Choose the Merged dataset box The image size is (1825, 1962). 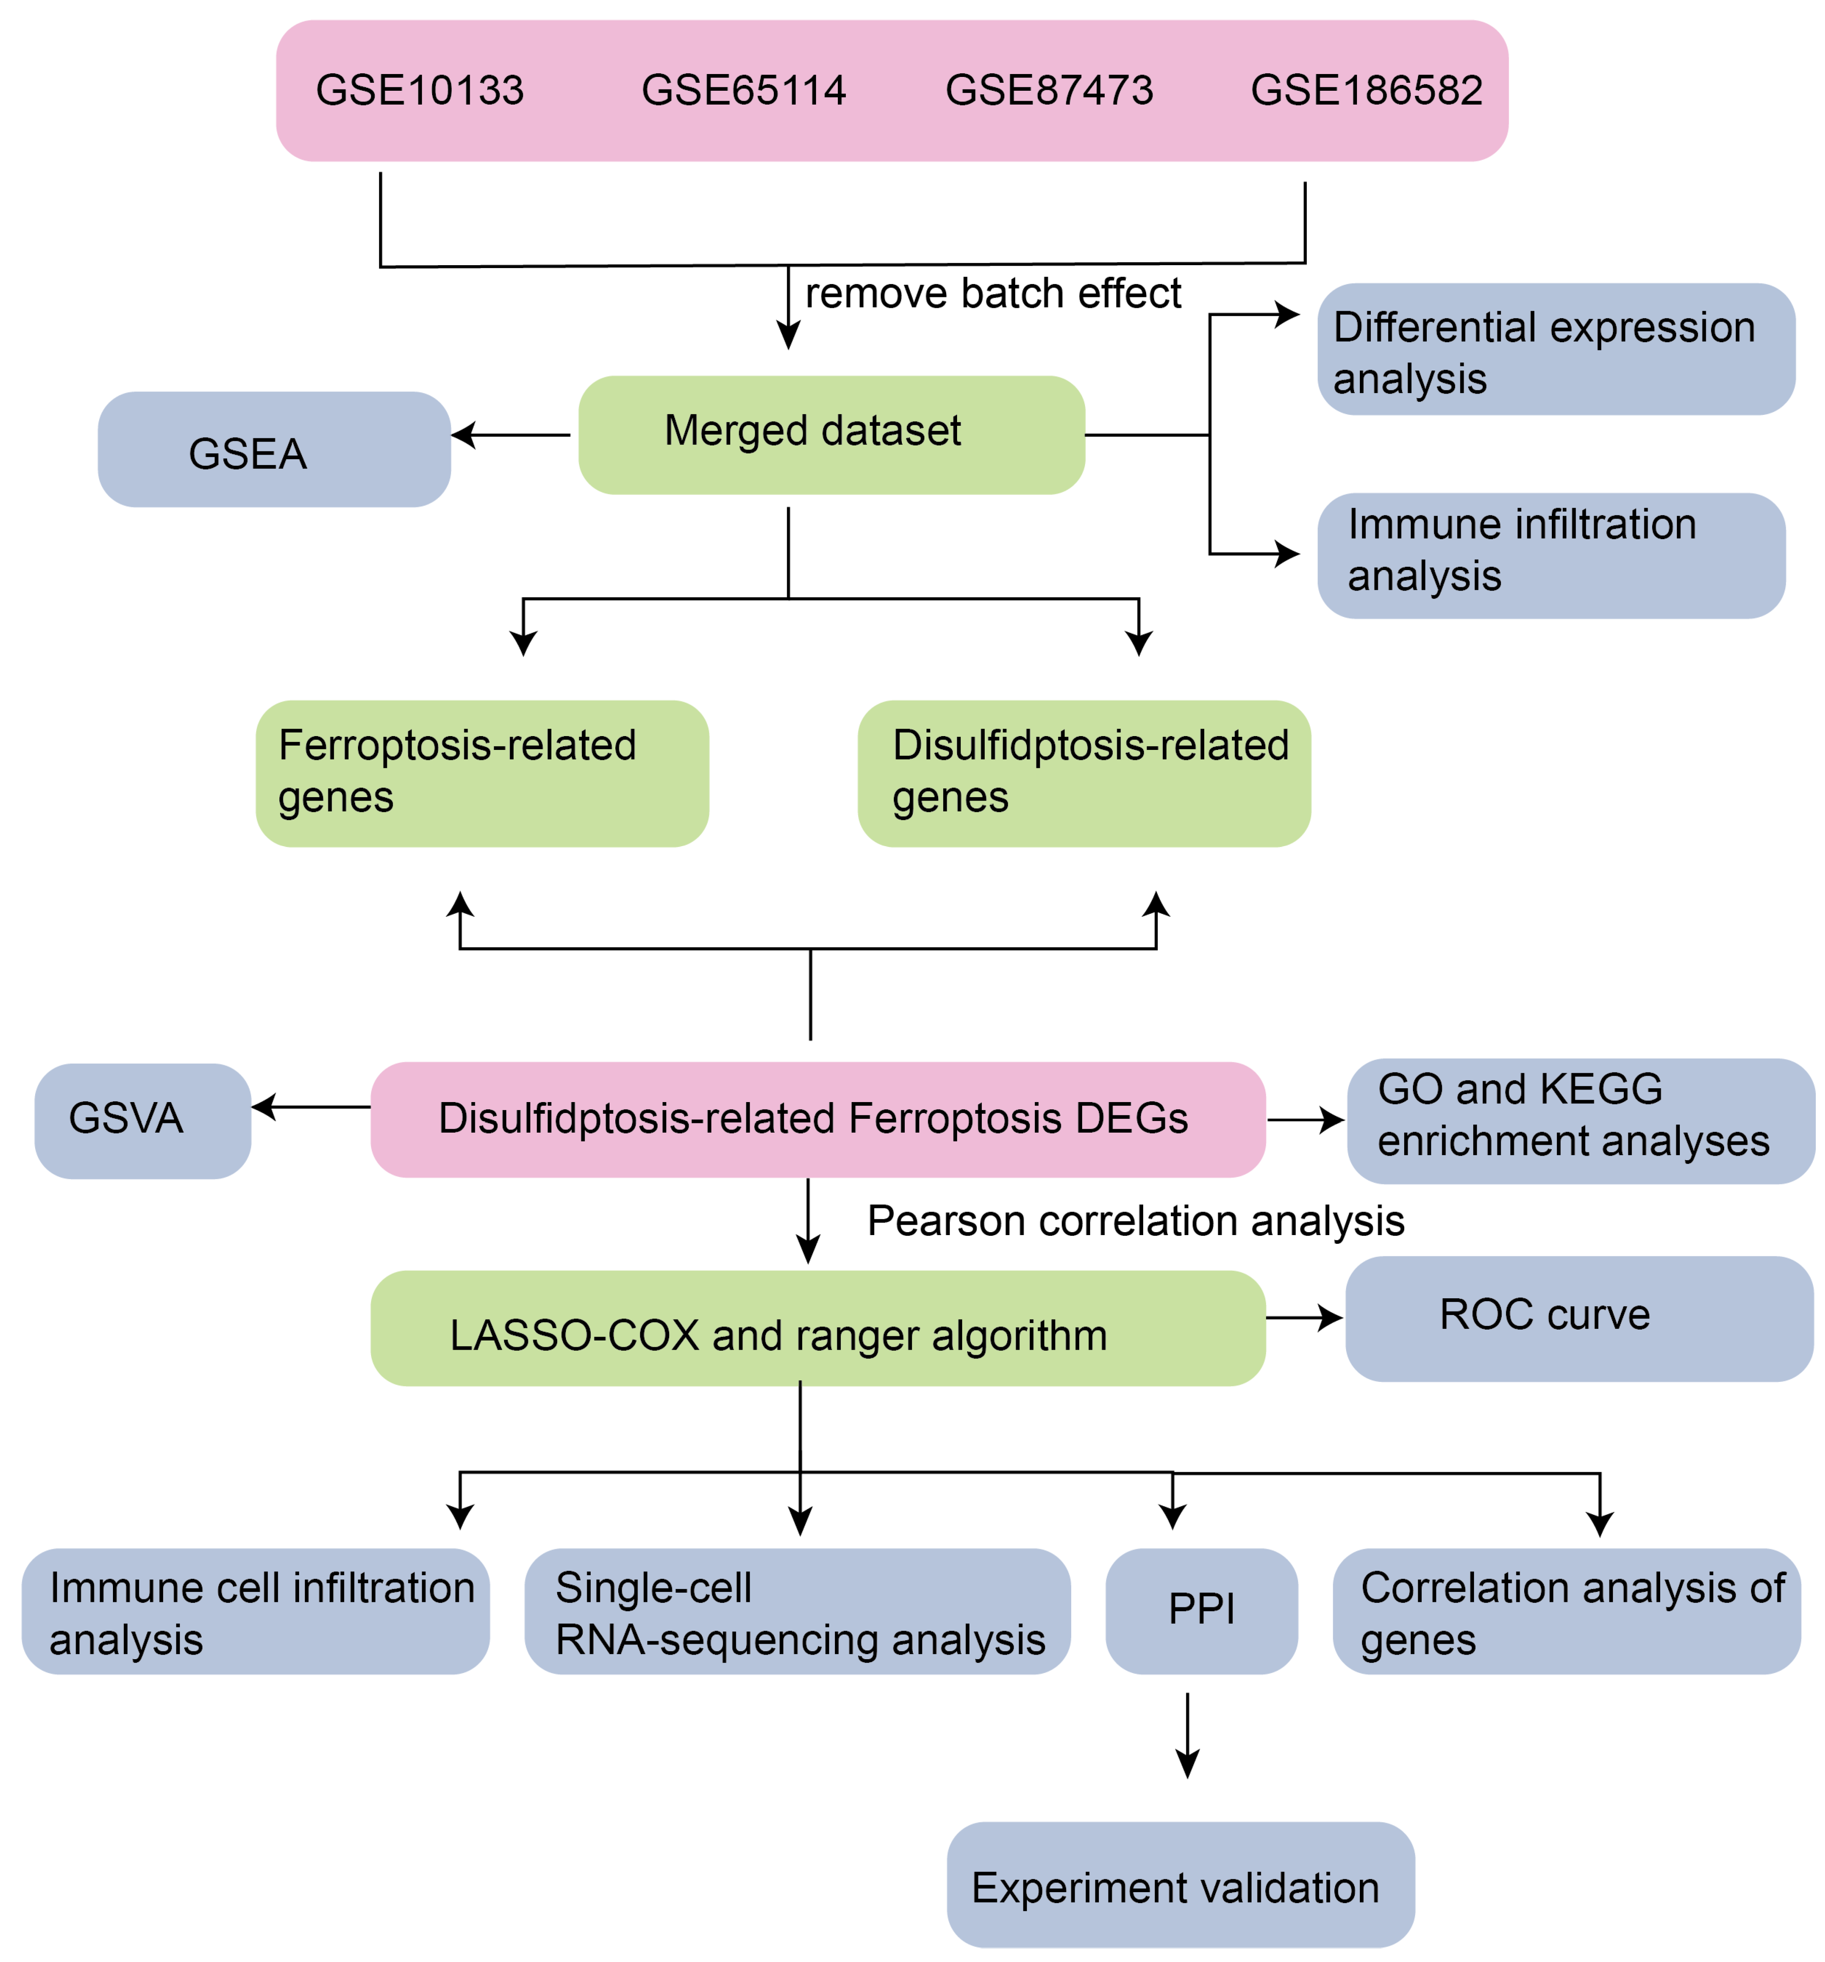pos(831,434)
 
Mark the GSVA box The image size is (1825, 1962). pos(142,1120)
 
